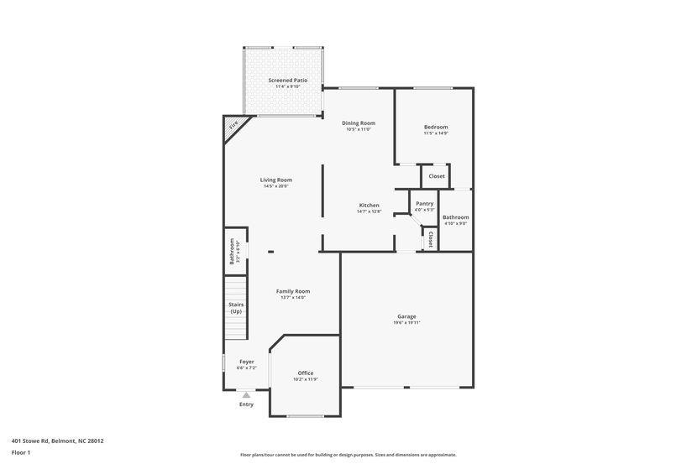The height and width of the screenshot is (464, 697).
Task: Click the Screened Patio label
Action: [x=287, y=81]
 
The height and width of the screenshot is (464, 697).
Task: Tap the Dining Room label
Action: [x=359, y=123]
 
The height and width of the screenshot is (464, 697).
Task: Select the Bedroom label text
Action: [x=436, y=127]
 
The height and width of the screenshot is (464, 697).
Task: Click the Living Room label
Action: [x=275, y=180]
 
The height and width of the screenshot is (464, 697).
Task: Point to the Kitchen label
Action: [x=369, y=206]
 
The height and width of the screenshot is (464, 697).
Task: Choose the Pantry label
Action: [x=424, y=203]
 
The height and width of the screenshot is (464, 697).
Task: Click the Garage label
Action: [x=406, y=316]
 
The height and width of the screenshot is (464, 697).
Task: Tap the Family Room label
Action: [x=293, y=291]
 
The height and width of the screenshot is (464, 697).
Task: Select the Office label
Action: [x=306, y=373]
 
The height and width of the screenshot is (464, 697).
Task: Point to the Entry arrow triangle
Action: [x=246, y=394]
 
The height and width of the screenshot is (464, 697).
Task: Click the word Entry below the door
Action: [x=246, y=404]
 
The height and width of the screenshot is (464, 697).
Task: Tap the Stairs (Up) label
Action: [x=236, y=308]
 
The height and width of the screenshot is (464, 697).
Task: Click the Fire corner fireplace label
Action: [x=233, y=125]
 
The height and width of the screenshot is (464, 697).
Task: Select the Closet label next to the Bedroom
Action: [x=437, y=176]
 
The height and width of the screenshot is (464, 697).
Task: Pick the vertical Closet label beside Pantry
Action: [x=431, y=239]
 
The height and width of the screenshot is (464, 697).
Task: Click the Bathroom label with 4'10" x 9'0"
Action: [x=456, y=217]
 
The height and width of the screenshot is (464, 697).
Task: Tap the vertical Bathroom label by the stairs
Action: [x=233, y=251]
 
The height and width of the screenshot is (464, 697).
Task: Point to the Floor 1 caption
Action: [x=21, y=452]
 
